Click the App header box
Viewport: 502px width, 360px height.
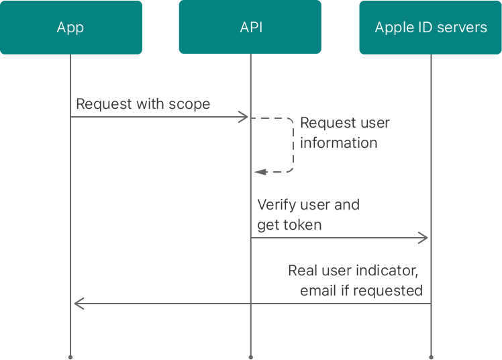70,28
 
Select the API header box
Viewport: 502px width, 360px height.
250,28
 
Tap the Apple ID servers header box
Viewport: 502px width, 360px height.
430,28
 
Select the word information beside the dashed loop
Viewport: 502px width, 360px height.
338,142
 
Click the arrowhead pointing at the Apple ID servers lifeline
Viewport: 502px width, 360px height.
423,238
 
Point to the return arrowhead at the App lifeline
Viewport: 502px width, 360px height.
78,304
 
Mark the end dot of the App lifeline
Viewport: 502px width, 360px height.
70,357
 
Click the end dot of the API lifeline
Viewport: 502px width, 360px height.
250,357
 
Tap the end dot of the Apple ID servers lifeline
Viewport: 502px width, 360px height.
431,357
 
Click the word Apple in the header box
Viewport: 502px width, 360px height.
393,28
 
